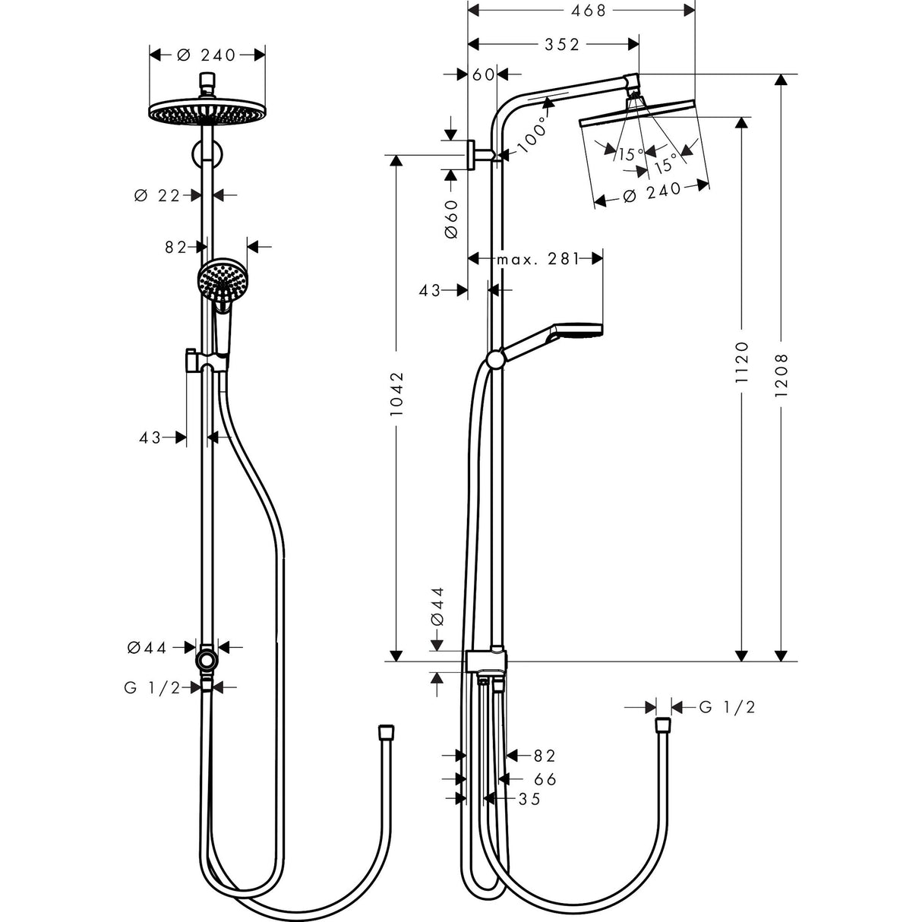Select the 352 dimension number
(562, 45)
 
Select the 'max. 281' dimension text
(536, 260)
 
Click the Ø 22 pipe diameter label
(156, 195)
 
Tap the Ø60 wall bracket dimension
(451, 219)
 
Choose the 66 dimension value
(545, 779)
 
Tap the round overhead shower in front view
(206, 113)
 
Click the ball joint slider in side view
(494, 358)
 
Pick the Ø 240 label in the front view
(207, 55)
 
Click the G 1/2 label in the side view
(727, 707)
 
